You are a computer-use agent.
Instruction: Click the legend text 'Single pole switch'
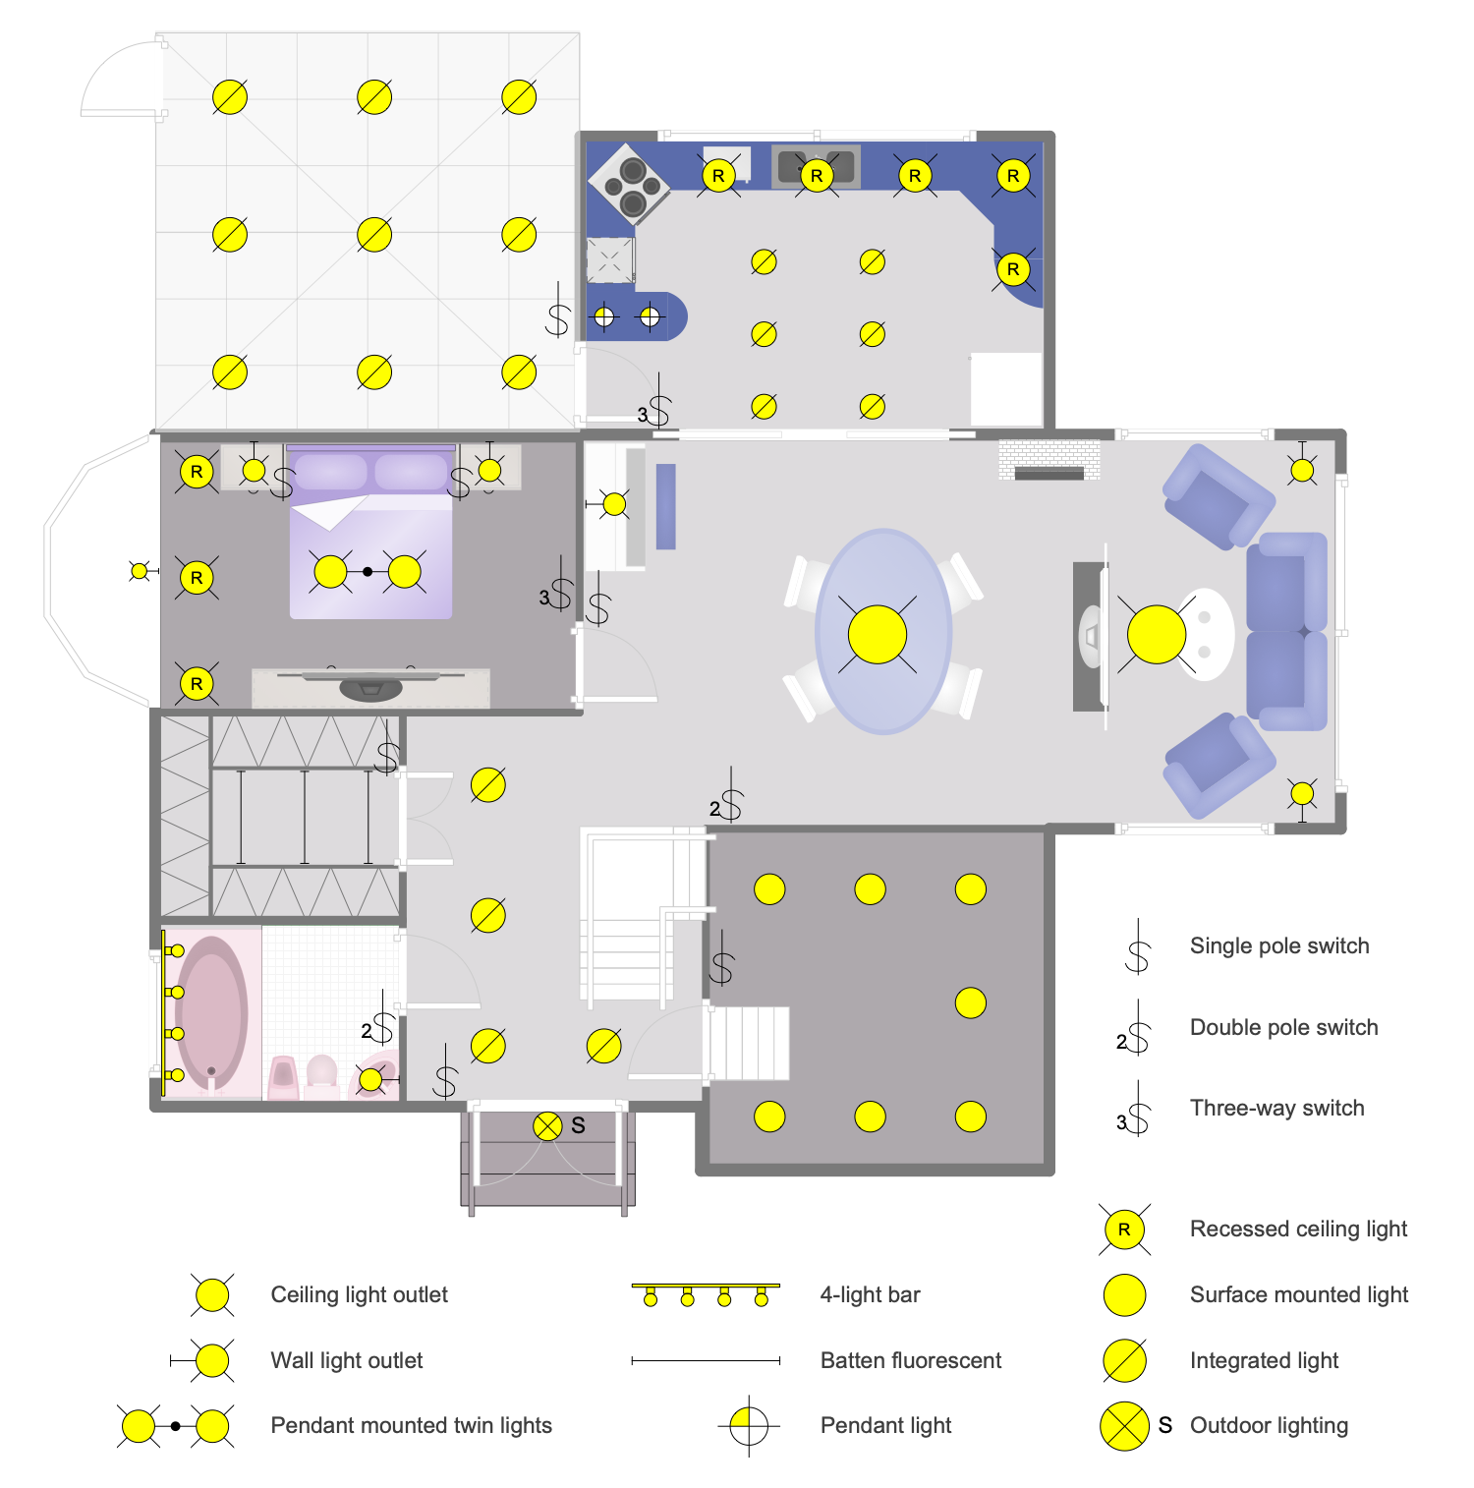click(1278, 945)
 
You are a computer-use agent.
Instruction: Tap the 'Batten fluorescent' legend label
click(910, 1360)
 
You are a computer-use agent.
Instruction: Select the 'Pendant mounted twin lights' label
click(411, 1425)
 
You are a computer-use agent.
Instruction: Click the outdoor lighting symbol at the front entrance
click(547, 1126)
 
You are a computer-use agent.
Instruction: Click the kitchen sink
click(816, 165)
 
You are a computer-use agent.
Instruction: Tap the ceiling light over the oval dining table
click(877, 634)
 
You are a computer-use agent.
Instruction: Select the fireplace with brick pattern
click(1049, 459)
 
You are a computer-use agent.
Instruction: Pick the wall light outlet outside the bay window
click(140, 570)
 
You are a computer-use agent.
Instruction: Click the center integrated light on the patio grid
click(374, 235)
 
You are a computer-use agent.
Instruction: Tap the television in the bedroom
click(370, 684)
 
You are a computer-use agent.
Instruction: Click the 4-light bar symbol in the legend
click(706, 1294)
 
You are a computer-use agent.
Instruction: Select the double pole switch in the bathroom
click(380, 1028)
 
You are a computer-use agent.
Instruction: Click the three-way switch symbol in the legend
click(1135, 1111)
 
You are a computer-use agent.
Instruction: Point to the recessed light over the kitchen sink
click(817, 176)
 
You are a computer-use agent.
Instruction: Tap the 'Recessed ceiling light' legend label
click(1298, 1229)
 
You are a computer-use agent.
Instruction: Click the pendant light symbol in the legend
click(749, 1425)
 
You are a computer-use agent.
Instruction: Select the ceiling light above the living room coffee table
click(1157, 634)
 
